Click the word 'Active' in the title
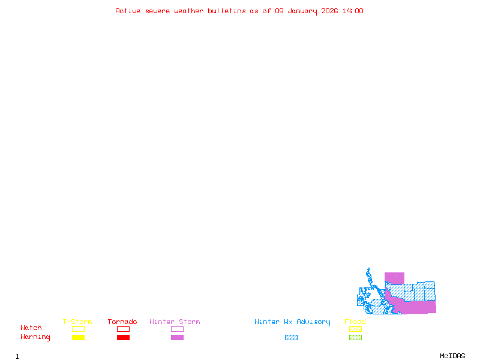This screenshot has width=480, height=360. click(x=128, y=11)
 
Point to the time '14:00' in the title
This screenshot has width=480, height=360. click(x=352, y=11)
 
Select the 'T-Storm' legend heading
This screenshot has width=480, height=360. click(x=77, y=322)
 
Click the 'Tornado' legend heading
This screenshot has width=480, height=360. click(x=122, y=322)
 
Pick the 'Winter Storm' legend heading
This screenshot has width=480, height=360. click(x=175, y=322)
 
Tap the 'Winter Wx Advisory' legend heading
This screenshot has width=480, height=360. click(x=292, y=322)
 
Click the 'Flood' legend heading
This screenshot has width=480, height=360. click(x=355, y=322)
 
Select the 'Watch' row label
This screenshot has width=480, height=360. click(x=31, y=328)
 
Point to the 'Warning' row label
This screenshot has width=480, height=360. click(x=35, y=337)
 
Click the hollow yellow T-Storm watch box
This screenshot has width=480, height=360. click(x=78, y=329)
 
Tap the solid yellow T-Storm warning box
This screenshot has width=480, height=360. click(x=78, y=338)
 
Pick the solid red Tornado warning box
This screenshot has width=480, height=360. click(x=123, y=338)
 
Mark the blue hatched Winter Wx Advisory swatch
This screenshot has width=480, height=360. click(x=291, y=338)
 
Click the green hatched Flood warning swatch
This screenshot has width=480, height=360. click(x=355, y=338)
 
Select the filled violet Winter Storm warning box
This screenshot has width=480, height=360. click(x=177, y=338)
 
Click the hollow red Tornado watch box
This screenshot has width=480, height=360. click(x=123, y=329)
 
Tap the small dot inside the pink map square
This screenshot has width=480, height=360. click(x=395, y=277)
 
